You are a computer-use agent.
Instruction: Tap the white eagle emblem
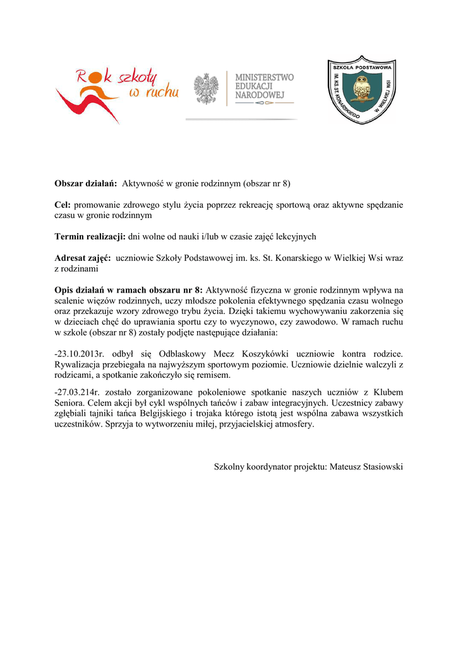coord(206,89)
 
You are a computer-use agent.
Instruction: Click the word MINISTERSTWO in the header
coord(264,77)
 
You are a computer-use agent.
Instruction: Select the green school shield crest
coord(361,89)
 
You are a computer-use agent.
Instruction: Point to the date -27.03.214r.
coord(78,392)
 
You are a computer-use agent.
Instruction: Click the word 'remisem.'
coord(213,375)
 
